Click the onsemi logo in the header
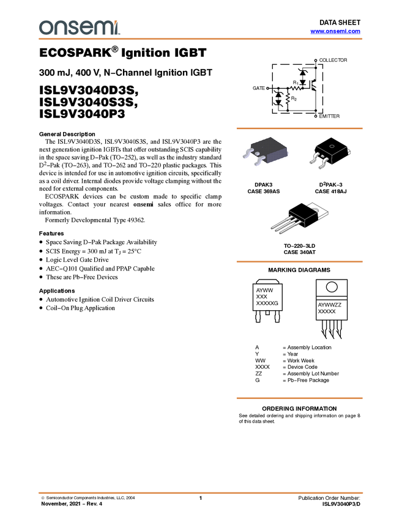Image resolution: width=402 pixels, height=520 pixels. point(79,28)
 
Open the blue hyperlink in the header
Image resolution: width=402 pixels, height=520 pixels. point(335,31)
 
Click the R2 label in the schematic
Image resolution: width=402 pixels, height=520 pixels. point(294,98)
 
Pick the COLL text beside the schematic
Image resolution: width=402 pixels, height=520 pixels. point(326,60)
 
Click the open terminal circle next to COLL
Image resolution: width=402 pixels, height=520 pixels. point(316,60)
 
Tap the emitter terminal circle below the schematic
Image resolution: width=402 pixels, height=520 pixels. point(316,115)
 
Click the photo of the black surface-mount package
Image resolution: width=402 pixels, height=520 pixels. point(266,152)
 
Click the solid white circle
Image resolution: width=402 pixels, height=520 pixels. point(331,287)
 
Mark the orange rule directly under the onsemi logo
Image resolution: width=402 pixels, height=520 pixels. point(201,39)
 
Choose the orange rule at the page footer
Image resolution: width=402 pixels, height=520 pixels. point(201,492)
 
